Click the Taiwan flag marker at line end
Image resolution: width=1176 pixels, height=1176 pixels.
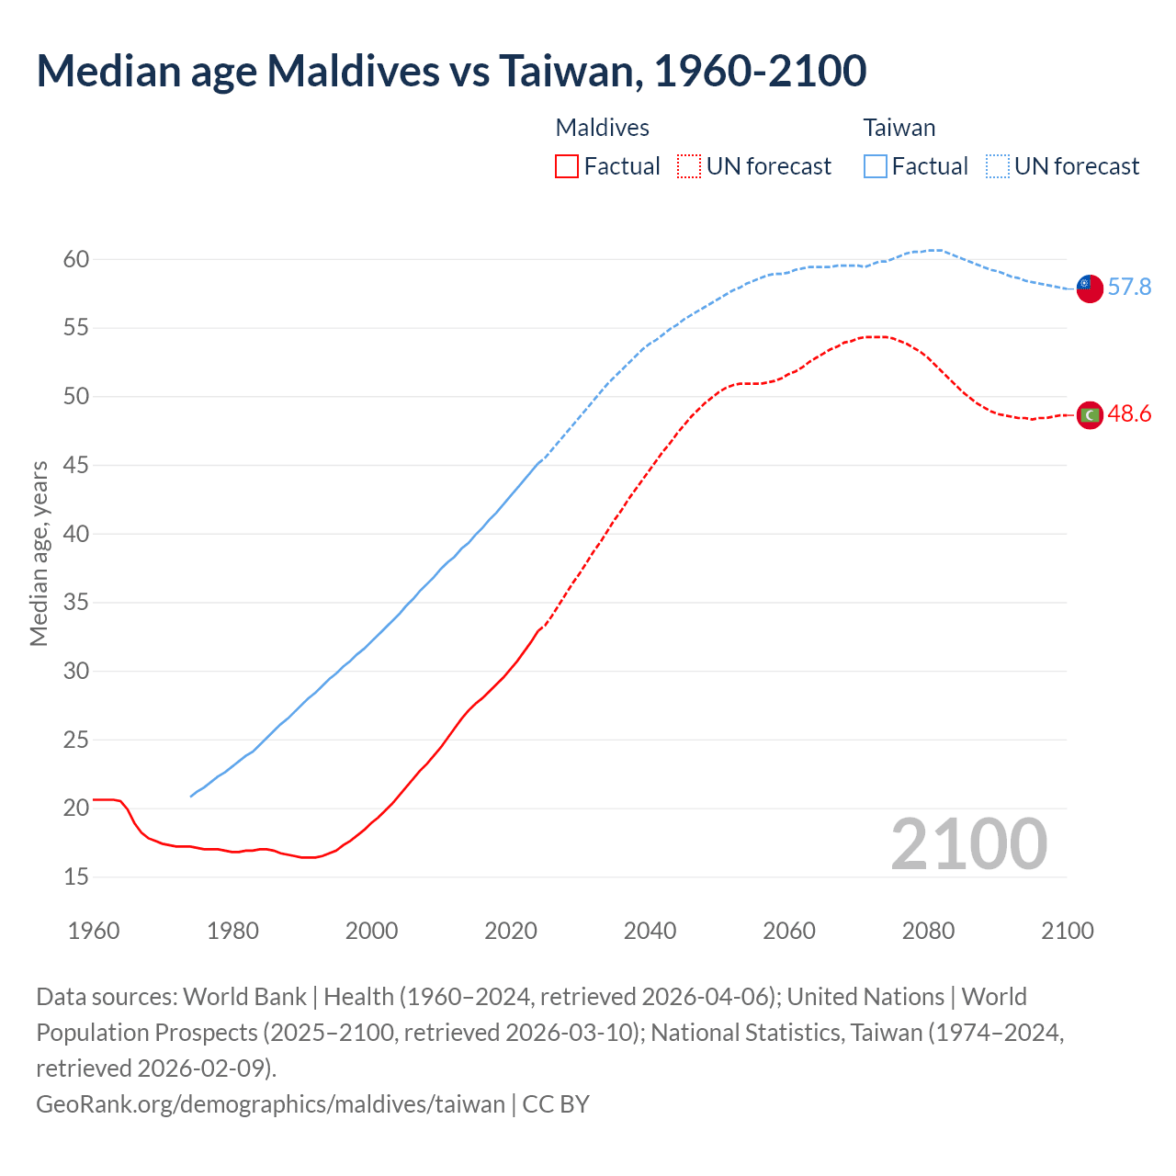[x=1090, y=288]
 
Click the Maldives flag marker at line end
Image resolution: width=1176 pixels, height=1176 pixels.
[x=1090, y=415]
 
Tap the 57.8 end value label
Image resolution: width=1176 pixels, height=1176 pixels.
[x=1129, y=288]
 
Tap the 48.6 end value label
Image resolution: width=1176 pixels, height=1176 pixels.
[x=1129, y=414]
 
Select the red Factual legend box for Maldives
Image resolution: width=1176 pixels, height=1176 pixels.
[x=567, y=166]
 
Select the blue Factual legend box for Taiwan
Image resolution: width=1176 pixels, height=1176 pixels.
[x=876, y=166]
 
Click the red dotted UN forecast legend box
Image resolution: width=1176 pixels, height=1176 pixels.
[x=689, y=166]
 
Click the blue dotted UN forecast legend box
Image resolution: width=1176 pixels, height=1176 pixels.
[x=998, y=166]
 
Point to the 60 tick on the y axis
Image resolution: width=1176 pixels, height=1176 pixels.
[x=76, y=260]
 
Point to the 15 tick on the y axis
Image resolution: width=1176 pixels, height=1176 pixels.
[x=76, y=877]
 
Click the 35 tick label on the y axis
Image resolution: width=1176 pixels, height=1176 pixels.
[x=76, y=603]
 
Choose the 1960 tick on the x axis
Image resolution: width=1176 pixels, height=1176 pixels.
[x=94, y=931]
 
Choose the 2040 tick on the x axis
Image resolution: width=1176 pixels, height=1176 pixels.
[x=650, y=931]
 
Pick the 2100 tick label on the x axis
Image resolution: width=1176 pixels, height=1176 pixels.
[x=1068, y=931]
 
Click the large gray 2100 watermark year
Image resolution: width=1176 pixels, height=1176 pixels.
[x=969, y=844]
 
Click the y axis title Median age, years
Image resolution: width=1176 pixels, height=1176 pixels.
[x=39, y=554]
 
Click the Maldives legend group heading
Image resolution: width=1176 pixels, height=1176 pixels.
[x=603, y=128]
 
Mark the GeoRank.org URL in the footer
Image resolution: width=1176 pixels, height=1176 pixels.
[x=270, y=1103]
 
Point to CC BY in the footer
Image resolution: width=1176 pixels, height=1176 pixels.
[x=556, y=1103]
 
